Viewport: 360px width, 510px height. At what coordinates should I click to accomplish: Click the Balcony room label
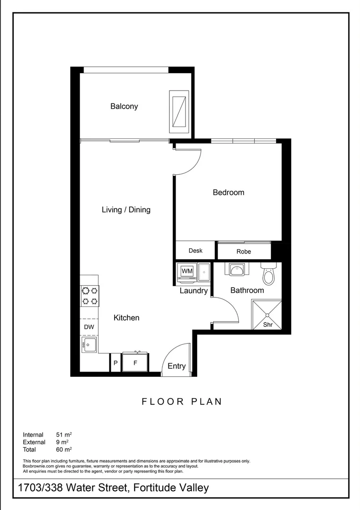click(124, 106)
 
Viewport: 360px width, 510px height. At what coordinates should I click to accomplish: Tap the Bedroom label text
click(228, 192)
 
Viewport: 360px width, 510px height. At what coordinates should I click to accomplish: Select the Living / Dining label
click(126, 210)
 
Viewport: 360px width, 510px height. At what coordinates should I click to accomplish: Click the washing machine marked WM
click(187, 271)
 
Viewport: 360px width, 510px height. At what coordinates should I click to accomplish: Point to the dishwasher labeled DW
click(89, 327)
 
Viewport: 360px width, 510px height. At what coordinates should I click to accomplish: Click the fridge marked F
click(135, 363)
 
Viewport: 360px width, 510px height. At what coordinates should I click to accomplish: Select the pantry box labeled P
click(115, 363)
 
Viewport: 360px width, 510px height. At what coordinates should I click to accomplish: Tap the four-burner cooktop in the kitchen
click(90, 296)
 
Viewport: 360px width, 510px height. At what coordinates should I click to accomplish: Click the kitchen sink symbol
click(89, 344)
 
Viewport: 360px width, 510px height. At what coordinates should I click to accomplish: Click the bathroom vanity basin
click(236, 270)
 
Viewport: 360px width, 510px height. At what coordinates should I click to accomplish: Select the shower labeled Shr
click(267, 315)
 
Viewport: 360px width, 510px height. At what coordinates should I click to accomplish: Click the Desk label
click(195, 251)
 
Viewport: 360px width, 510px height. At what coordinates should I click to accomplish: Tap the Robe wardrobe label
click(244, 252)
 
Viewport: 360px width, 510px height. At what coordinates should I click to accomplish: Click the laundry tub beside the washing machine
click(204, 272)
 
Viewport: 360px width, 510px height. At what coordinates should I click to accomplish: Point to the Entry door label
click(176, 366)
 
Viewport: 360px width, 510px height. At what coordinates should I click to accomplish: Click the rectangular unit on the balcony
click(179, 111)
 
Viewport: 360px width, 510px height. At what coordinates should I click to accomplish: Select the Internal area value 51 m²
click(63, 434)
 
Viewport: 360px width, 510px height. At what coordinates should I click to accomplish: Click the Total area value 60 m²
click(63, 450)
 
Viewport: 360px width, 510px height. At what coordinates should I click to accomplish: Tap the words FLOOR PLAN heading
click(182, 402)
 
